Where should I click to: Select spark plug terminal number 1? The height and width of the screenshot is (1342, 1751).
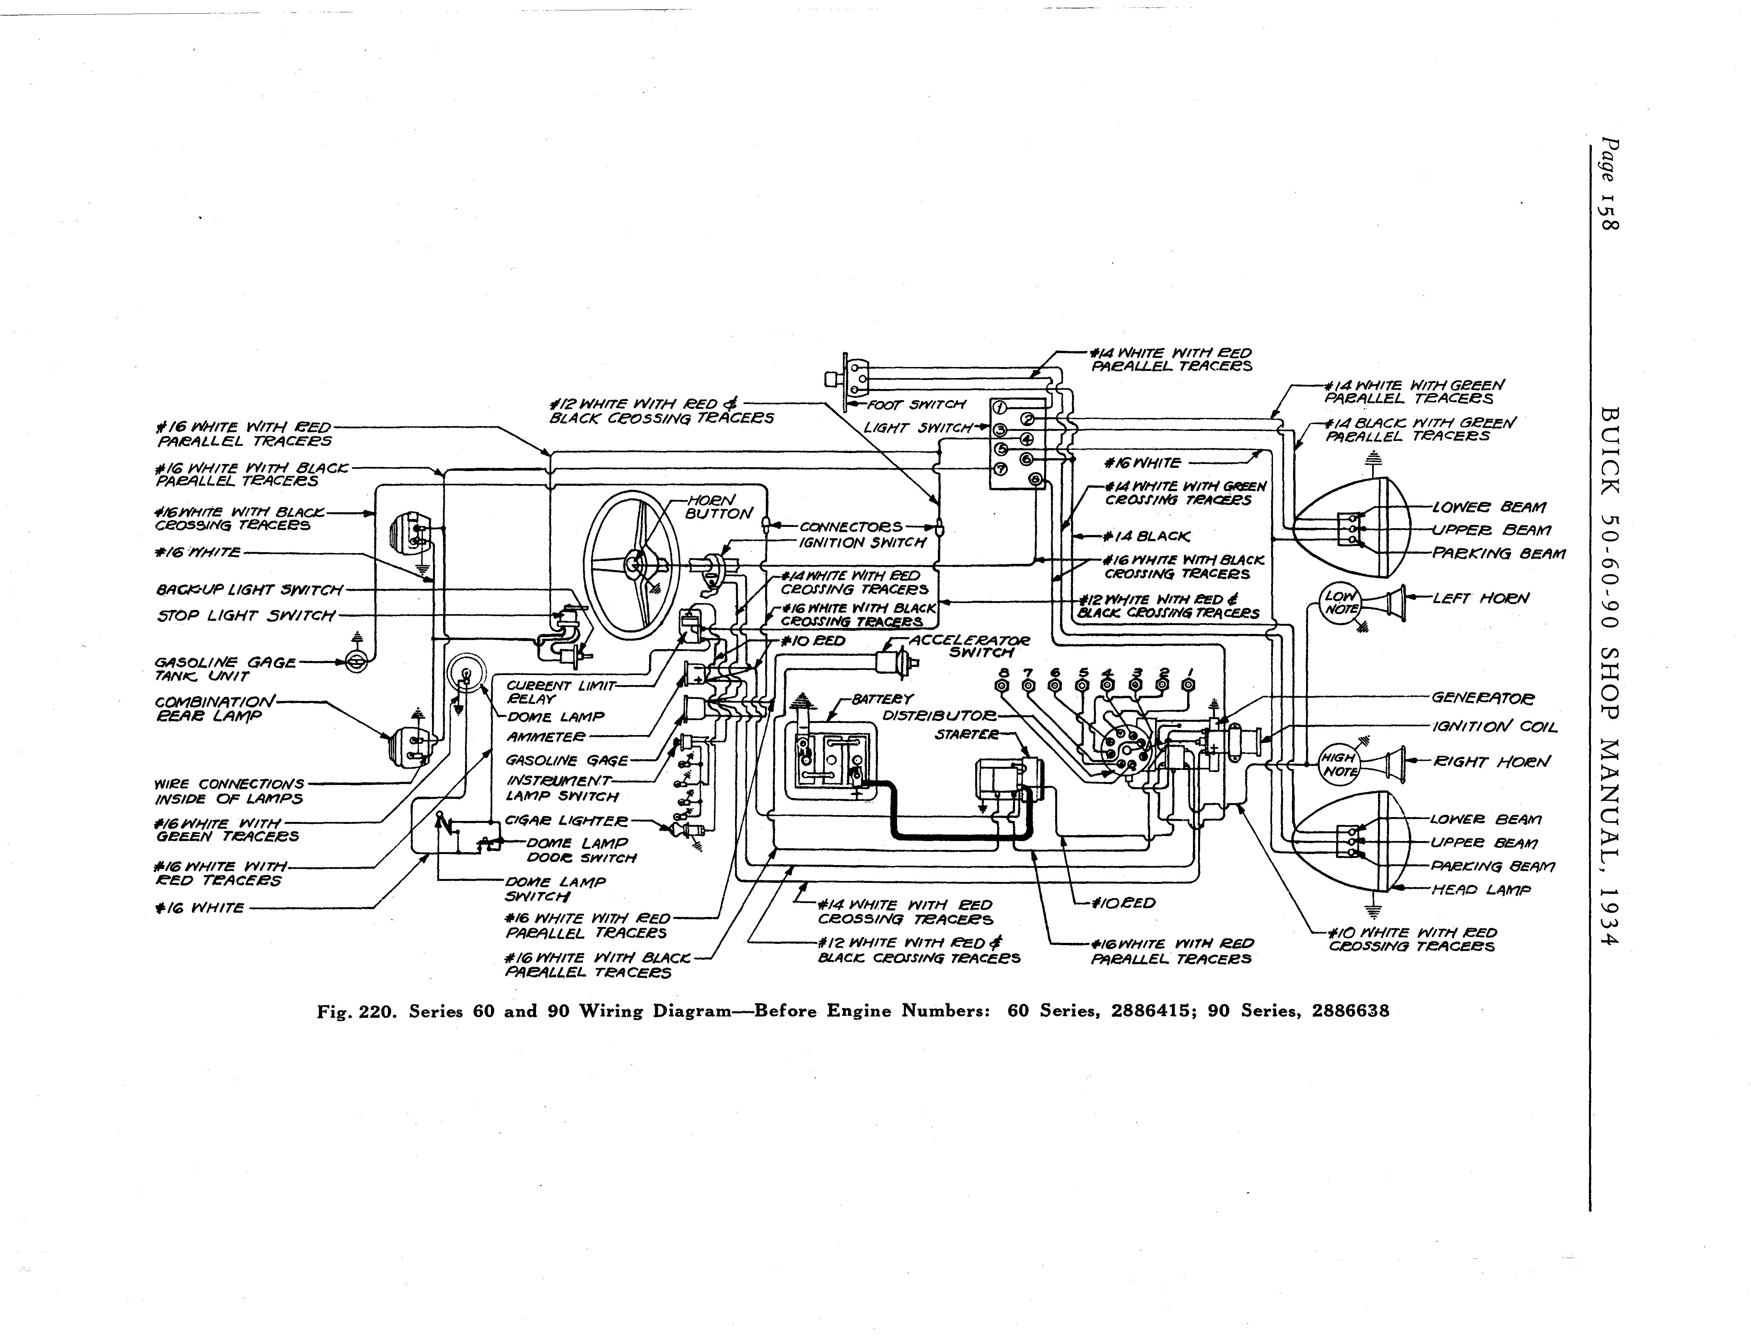(x=1189, y=685)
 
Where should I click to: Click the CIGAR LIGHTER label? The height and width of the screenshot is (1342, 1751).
(x=566, y=820)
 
